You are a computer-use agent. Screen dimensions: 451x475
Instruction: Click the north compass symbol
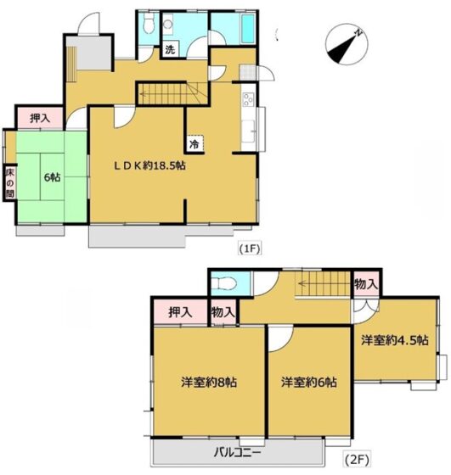[347, 44]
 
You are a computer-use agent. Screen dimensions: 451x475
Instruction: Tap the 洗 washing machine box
[170, 49]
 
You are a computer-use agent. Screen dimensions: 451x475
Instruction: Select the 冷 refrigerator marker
[194, 144]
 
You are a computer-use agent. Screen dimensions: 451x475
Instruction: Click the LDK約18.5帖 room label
[149, 165]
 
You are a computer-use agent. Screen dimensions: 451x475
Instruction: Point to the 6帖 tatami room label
[52, 177]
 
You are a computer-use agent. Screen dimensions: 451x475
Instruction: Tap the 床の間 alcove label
[10, 182]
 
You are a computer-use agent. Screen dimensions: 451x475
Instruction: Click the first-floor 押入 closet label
[40, 118]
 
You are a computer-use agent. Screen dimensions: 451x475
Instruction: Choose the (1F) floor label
[250, 249]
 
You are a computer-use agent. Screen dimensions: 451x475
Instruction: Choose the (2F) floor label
[357, 461]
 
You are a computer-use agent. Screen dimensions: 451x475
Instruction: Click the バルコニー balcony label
[238, 453]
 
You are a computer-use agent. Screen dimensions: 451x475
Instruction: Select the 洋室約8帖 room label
[209, 383]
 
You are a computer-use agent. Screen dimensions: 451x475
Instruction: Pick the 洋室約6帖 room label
[309, 383]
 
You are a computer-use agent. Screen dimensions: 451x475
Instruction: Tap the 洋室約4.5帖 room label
[395, 340]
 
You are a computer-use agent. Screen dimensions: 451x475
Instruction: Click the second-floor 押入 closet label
[180, 312]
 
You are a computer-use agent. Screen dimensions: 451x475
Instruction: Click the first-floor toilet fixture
[149, 24]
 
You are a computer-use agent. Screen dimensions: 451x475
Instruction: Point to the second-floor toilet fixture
[224, 284]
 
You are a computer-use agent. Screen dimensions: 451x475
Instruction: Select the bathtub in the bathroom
[248, 29]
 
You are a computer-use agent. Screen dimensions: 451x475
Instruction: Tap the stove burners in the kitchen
[248, 99]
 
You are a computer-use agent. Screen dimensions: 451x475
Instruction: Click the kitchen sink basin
[248, 131]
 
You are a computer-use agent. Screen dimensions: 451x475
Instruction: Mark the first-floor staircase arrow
[170, 94]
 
